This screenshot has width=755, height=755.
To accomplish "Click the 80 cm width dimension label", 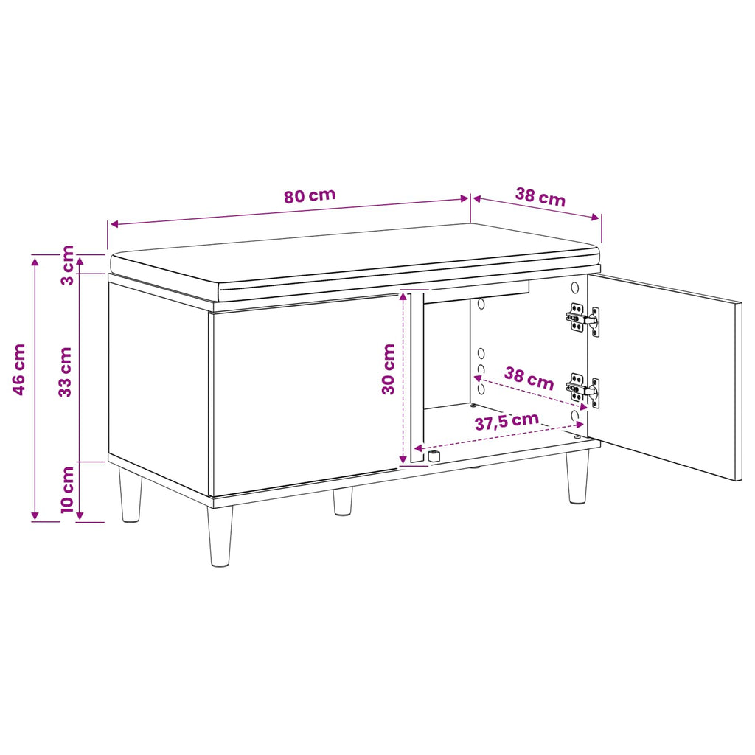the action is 309,195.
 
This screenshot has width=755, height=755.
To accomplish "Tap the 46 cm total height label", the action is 18,369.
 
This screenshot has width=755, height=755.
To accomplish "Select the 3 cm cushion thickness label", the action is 68,265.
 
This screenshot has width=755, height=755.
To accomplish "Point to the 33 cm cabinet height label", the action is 65,372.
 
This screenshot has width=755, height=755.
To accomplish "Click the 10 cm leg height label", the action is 67,490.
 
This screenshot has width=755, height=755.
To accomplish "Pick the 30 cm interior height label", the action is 388,369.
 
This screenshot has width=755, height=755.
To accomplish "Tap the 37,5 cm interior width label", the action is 507,421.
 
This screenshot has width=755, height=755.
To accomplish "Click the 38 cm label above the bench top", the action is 540,196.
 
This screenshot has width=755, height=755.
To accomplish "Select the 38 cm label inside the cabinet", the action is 529,378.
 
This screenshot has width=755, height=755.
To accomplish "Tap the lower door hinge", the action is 582,389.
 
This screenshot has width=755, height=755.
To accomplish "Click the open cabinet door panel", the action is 664,377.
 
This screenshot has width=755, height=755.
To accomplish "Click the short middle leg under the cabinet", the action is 342,501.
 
